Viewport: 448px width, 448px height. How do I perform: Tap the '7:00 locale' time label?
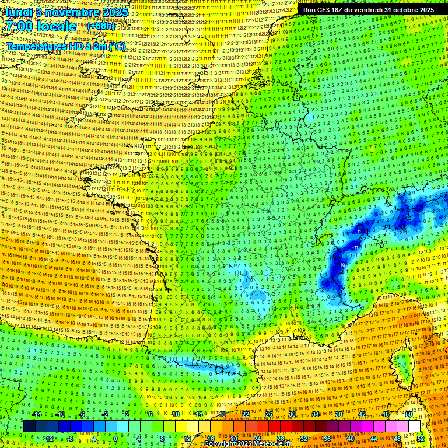pos(41,26)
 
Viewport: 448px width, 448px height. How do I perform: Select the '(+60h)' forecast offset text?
pos(101,27)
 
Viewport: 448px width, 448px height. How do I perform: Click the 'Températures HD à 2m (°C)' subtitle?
pos(65,46)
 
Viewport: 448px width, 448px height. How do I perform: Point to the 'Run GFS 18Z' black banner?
pos(368,10)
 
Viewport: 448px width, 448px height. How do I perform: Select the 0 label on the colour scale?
pos(115,438)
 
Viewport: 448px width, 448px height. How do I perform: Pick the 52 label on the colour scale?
pos(420,438)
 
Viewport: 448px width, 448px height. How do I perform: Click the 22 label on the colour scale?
pos(246,414)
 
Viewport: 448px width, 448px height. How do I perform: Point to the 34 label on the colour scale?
pos(315,414)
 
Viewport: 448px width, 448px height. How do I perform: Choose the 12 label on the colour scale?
pos(188,438)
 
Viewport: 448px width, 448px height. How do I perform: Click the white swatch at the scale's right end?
pos(414,426)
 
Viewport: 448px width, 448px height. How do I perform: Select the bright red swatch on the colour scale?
pos(274,426)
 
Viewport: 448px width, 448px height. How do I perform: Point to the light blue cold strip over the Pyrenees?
pos(204,366)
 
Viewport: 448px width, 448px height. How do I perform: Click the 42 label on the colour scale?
pos(362,414)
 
